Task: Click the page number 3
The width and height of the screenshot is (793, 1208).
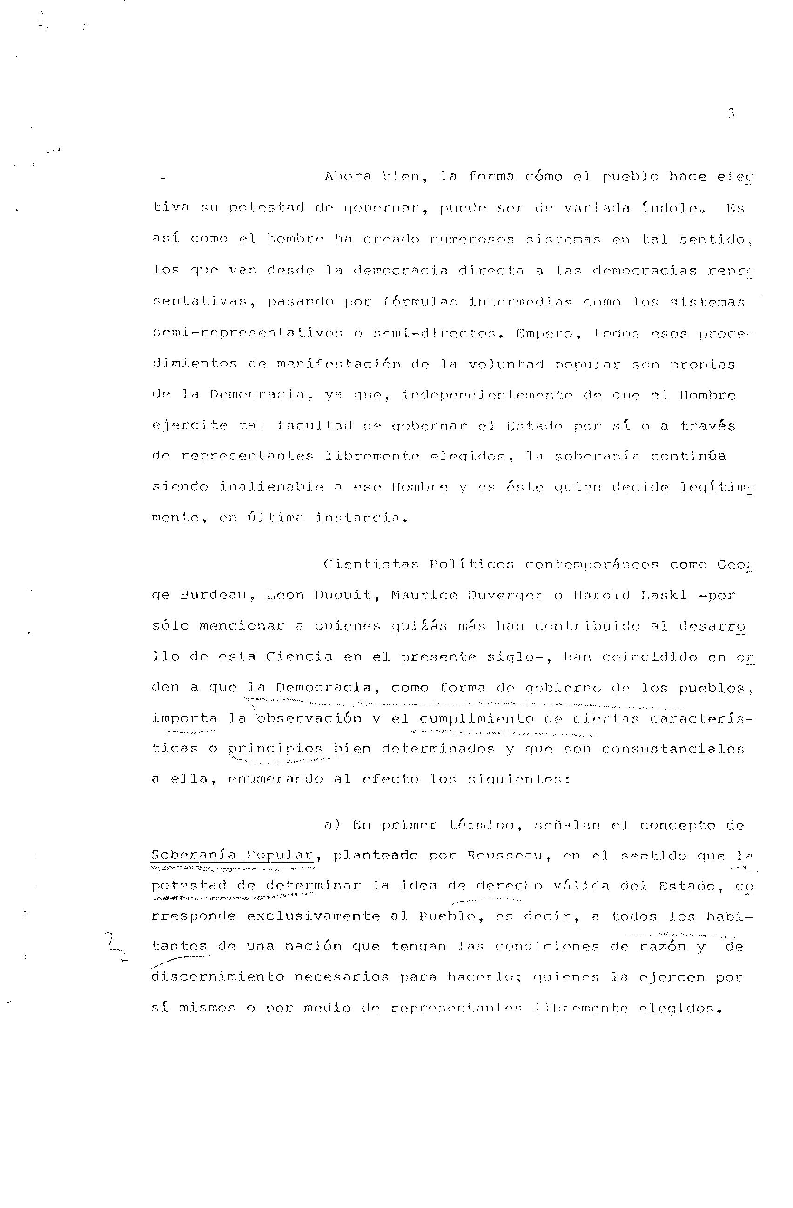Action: tap(731, 114)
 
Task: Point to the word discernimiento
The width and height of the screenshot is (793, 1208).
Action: tap(217, 977)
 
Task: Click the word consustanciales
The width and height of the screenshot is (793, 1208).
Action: tap(672, 749)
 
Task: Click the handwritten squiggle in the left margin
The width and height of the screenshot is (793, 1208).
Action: tap(116, 945)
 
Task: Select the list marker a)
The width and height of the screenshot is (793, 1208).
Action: tap(332, 825)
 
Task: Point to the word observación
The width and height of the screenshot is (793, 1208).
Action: tap(309, 719)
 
